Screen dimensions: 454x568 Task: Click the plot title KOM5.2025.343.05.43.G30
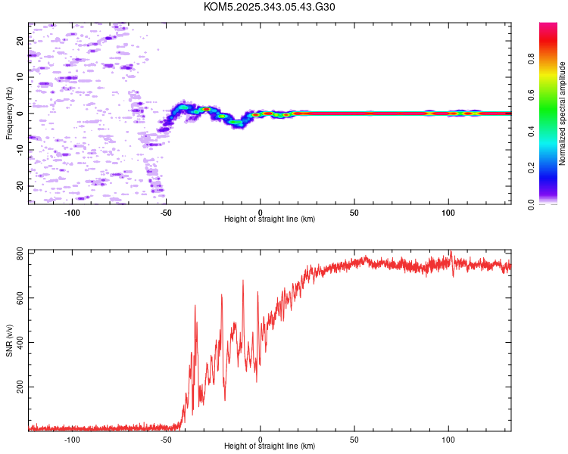tap(270, 7)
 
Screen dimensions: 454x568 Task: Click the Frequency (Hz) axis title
tap(10, 113)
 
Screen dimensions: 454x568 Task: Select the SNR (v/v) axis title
tap(10, 340)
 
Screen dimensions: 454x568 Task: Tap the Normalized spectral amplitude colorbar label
tap(563, 113)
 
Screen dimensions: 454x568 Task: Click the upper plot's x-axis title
tap(270, 219)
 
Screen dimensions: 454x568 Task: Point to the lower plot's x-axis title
tap(270, 446)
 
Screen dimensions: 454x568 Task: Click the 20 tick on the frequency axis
tap(20, 41)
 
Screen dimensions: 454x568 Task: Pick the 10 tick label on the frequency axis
tap(20, 77)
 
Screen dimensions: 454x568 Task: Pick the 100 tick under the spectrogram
tap(448, 211)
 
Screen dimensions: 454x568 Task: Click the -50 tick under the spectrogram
tap(167, 211)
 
